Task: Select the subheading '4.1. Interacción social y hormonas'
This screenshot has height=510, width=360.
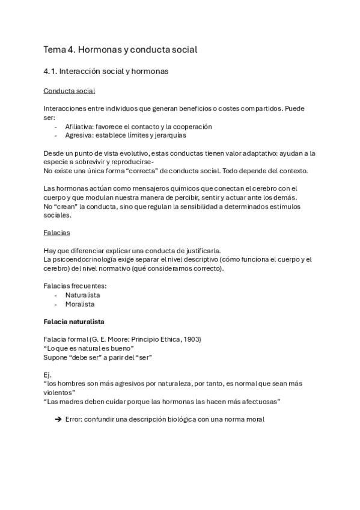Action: click(x=106, y=72)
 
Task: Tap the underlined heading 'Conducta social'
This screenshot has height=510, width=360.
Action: click(x=69, y=91)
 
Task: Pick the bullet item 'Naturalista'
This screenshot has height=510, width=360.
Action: click(x=82, y=295)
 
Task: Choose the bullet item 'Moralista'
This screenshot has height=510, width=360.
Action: click(x=79, y=304)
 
